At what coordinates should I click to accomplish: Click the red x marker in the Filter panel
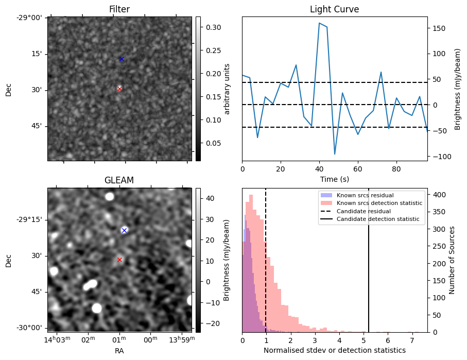119,89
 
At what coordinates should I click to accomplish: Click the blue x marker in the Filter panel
122,59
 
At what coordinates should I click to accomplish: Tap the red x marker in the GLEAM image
119,260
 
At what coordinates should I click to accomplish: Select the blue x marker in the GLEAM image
124,230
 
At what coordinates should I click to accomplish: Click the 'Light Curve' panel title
334,9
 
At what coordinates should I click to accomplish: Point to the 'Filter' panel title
119,9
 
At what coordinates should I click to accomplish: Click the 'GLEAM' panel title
119,180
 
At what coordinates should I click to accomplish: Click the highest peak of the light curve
319,23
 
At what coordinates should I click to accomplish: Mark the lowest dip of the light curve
335,154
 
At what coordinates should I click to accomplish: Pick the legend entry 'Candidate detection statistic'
379,219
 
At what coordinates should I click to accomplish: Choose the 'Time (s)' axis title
334,179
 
